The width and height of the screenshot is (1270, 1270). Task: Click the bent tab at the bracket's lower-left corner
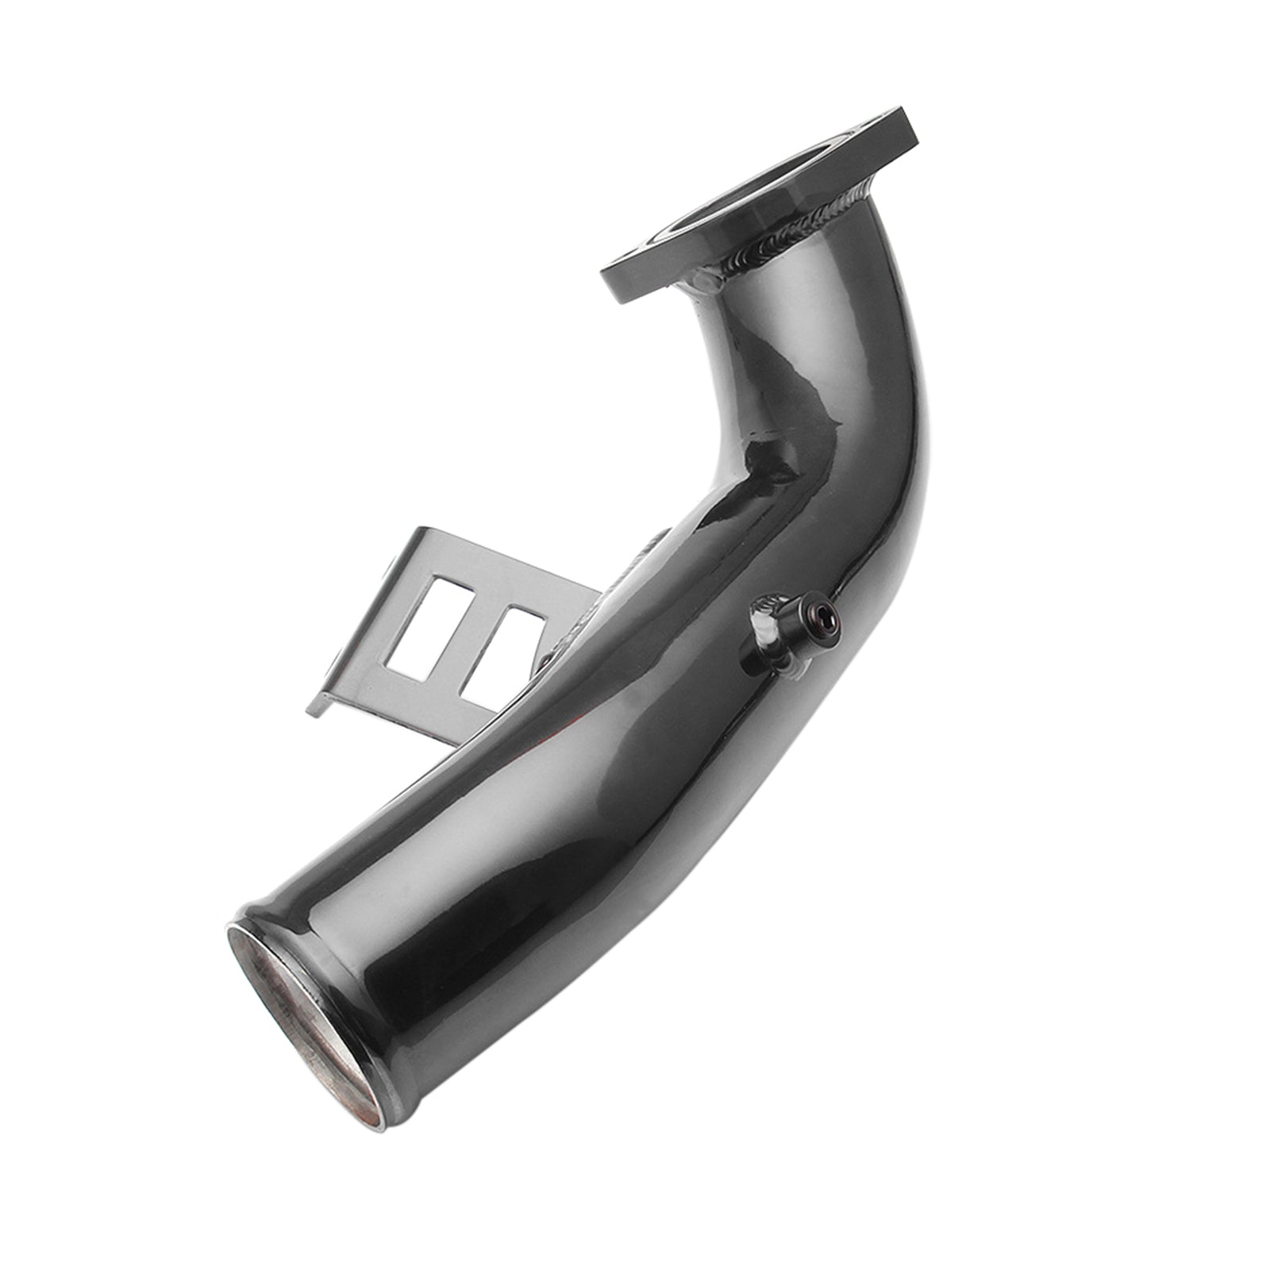click(325, 706)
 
